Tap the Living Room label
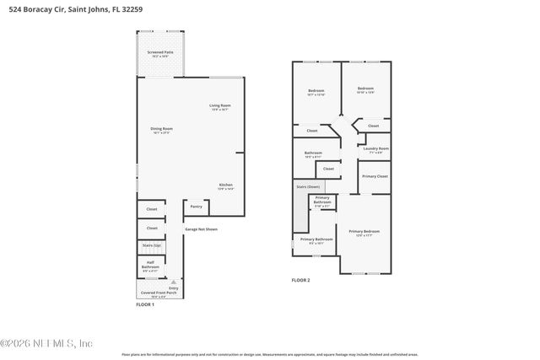(220, 106)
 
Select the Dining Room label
(161, 130)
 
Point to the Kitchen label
(226, 185)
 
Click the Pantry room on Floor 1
(196, 207)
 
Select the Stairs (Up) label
(152, 245)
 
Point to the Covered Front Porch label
(159, 294)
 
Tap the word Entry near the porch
(174, 288)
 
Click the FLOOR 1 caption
(145, 304)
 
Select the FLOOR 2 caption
(301, 280)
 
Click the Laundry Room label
(375, 149)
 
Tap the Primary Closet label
(375, 176)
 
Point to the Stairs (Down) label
(307, 185)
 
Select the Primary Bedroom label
(364, 232)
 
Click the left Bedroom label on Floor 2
(316, 90)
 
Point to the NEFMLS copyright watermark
(46, 343)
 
